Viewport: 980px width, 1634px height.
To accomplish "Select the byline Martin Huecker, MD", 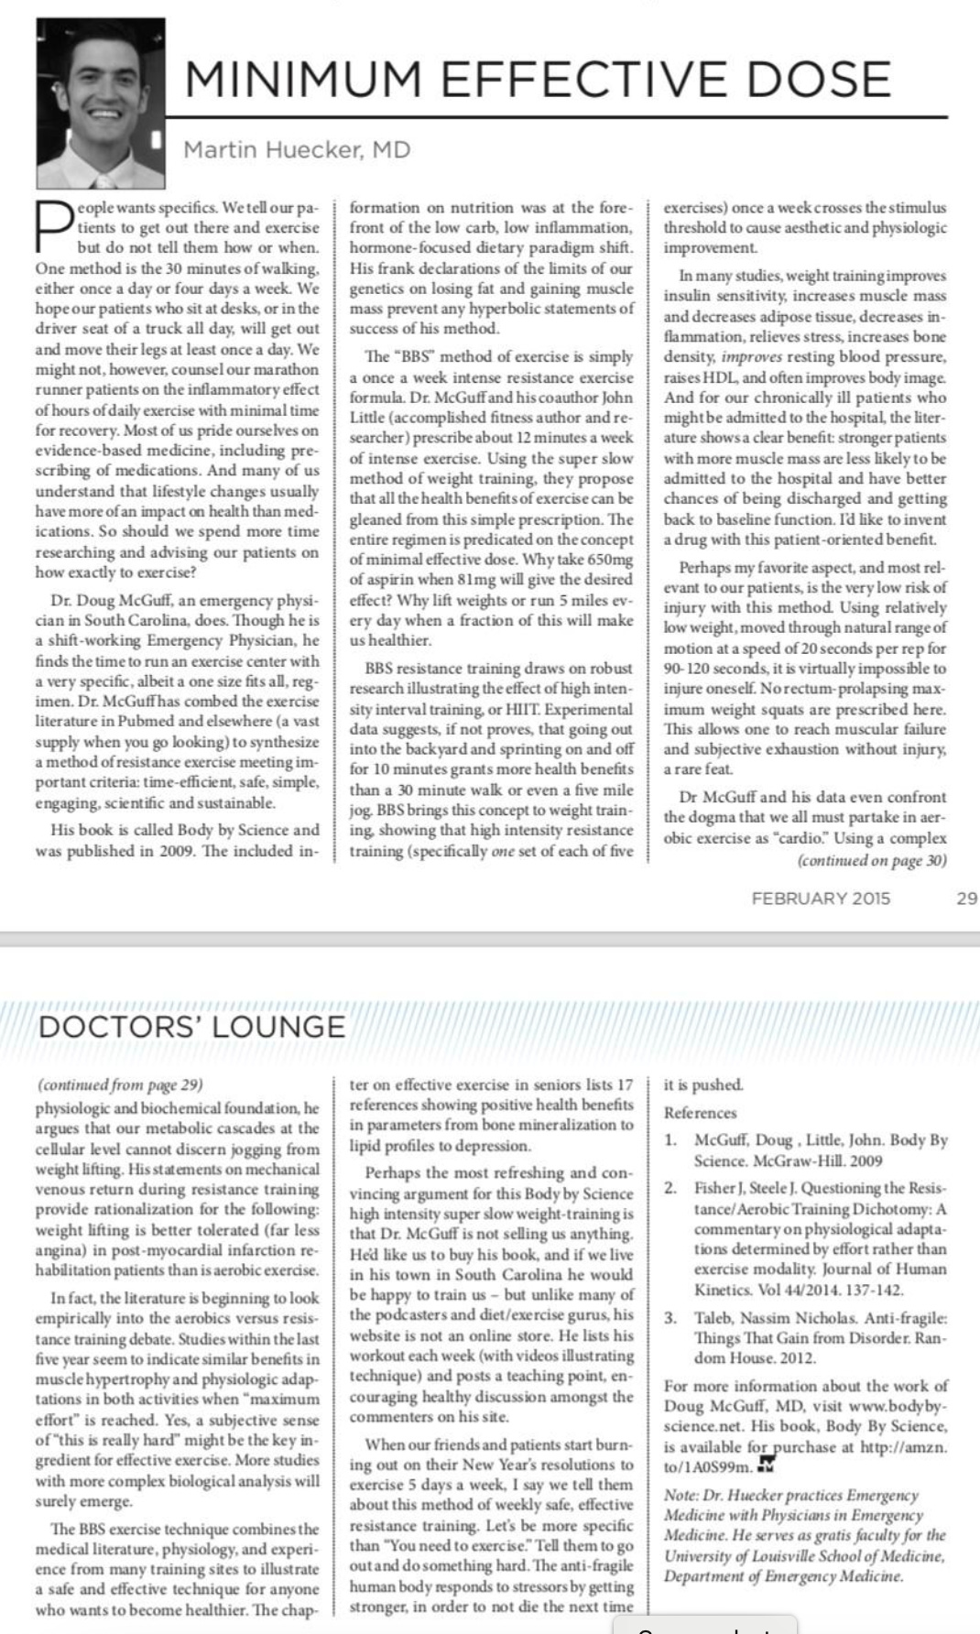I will pyautogui.click(x=298, y=149).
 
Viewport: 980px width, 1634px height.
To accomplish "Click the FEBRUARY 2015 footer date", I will pyautogui.click(x=821, y=898).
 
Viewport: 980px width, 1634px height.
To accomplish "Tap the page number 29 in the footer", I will pyautogui.click(x=966, y=898).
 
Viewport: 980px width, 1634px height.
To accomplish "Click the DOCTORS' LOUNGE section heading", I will pyautogui.click(x=191, y=1027).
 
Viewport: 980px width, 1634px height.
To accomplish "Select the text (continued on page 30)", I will pyautogui.click(x=871, y=860).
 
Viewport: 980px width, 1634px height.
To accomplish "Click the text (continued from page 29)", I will pyautogui.click(x=119, y=1084).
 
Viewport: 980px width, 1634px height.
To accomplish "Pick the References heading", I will pyautogui.click(x=700, y=1113).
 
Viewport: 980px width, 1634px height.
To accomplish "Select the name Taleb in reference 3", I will pyautogui.click(x=714, y=1318).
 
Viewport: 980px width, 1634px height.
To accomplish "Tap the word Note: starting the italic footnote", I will pyautogui.click(x=681, y=1495).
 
